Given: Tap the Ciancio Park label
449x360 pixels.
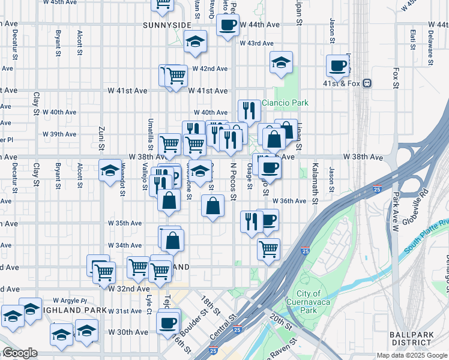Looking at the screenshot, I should (x=285, y=103).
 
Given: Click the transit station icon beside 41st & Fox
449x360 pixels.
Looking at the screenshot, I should (x=366, y=83).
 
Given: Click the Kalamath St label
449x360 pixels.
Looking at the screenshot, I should (x=313, y=177).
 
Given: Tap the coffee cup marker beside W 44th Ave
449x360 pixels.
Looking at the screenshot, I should (x=228, y=25).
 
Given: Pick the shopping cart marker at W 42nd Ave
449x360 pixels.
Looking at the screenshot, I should (x=176, y=76).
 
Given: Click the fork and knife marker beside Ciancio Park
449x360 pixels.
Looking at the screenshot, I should (x=248, y=110).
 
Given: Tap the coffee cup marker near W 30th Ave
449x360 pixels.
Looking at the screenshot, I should (x=168, y=323).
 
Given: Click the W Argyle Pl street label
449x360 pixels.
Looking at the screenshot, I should (x=70, y=300).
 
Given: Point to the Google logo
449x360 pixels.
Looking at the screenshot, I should (x=20, y=353).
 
